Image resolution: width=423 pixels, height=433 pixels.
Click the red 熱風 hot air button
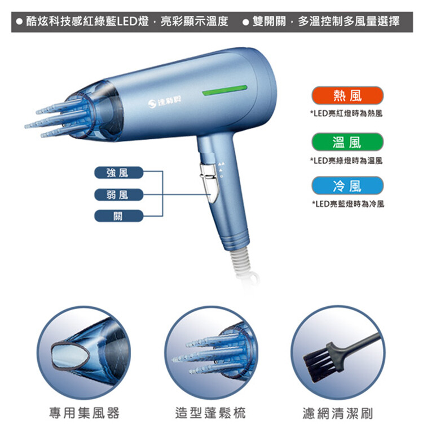[347, 95]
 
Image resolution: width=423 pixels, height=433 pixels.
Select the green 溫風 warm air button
[347, 142]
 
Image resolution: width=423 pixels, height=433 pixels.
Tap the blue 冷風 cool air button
[347, 185]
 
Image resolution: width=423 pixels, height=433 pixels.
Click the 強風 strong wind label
[119, 173]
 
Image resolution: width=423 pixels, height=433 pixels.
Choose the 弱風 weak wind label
[119, 195]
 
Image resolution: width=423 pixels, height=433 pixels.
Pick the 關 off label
[119, 216]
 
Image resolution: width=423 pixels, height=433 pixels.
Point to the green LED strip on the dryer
[224, 90]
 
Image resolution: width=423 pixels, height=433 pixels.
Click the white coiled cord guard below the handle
[241, 259]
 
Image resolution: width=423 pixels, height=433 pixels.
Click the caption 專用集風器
[84, 413]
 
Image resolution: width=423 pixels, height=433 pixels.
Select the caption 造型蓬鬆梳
[210, 413]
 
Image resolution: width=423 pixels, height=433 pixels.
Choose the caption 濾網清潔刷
[338, 413]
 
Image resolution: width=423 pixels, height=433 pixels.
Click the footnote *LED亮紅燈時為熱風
[346, 113]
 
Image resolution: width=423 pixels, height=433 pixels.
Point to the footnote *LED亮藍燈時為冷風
[348, 204]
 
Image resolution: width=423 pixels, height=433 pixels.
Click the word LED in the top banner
[127, 21]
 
